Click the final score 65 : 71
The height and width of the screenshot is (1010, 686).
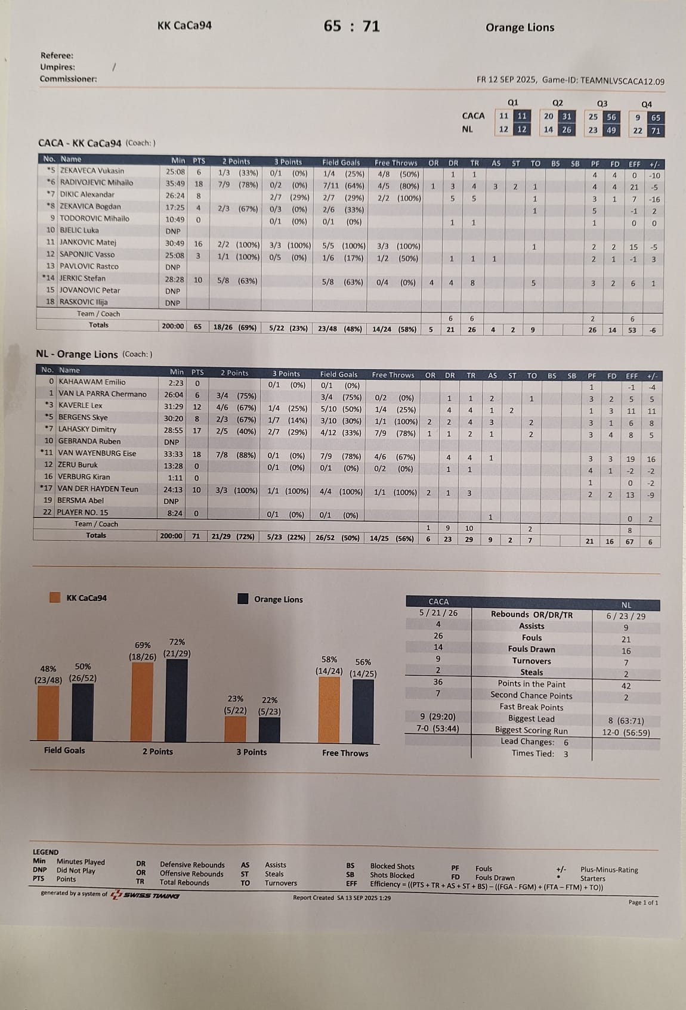pos(351,26)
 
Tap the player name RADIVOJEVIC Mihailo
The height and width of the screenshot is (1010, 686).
pos(96,182)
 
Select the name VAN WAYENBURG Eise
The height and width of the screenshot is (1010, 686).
pos(97,453)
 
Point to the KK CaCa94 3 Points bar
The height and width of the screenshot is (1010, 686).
pos(235,729)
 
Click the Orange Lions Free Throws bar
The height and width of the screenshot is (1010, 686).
pos(363,712)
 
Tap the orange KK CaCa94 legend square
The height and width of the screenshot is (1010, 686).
pos(55,597)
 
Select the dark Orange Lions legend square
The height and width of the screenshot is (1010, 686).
pos(243,599)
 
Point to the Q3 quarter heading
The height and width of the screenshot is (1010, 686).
pos(602,103)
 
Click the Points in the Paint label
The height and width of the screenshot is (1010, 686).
pos(531,684)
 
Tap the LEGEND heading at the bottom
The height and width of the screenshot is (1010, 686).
pos(45,852)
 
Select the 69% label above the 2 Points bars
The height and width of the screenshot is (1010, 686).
pos(143,645)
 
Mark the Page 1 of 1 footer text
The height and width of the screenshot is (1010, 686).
pos(643,902)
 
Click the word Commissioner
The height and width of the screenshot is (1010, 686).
pos(68,79)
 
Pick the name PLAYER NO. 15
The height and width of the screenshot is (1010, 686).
pos(83,512)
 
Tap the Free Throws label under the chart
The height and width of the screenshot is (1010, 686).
pos(345,753)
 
